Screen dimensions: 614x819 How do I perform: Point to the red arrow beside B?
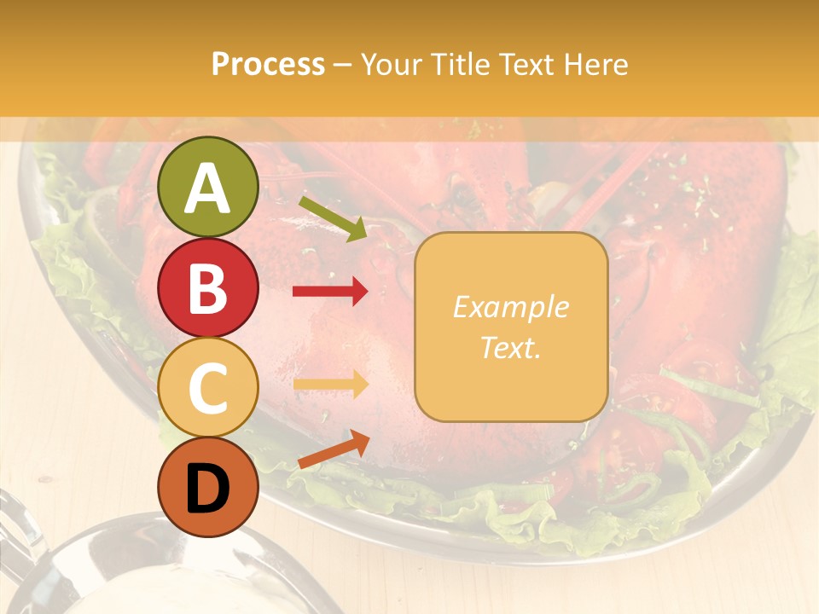pyautogui.click(x=330, y=292)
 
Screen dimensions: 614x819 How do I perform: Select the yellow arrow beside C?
pyautogui.click(x=330, y=385)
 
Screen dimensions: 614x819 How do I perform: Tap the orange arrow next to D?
pyautogui.click(x=334, y=449)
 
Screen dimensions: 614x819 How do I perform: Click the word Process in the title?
pyautogui.click(x=269, y=64)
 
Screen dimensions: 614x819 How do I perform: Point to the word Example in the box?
pyautogui.click(x=510, y=307)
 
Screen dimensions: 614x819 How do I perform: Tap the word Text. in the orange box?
pyautogui.click(x=510, y=347)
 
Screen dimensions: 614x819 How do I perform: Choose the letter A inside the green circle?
pyautogui.click(x=208, y=188)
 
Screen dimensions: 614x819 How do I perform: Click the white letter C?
pyautogui.click(x=208, y=388)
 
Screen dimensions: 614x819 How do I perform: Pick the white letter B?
pyautogui.click(x=208, y=288)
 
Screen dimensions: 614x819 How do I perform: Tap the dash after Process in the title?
pyautogui.click(x=343, y=65)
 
